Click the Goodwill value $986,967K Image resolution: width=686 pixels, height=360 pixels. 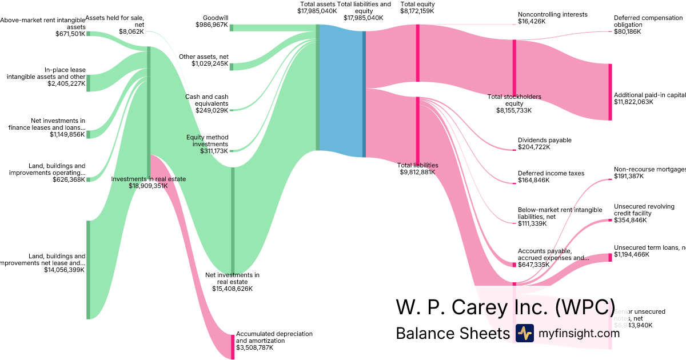tap(212, 25)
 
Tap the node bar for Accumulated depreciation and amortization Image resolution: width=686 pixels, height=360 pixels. tap(233, 346)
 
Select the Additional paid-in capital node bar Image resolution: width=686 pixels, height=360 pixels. tap(610, 91)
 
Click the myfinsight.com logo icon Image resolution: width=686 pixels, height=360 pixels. tap(524, 333)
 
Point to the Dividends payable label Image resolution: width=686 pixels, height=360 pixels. tap(544, 140)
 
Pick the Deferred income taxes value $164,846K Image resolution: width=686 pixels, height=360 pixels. tap(533, 180)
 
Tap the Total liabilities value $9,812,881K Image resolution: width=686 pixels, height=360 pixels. tap(418, 171)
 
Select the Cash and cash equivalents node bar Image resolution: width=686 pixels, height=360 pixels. tap(232, 109)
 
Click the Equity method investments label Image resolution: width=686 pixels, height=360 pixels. tap(207, 141)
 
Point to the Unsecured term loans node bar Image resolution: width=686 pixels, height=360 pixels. tap(610, 257)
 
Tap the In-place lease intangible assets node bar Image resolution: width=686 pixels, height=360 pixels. tap(88, 82)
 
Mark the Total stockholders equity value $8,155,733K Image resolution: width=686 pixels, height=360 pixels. tap(514, 110)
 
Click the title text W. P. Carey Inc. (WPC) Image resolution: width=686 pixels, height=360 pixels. tap(505, 307)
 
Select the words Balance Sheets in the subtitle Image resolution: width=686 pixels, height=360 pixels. tap(452, 333)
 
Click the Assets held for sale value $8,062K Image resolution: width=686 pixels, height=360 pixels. tap(131, 31)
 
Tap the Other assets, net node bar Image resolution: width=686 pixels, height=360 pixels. tap(232, 65)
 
